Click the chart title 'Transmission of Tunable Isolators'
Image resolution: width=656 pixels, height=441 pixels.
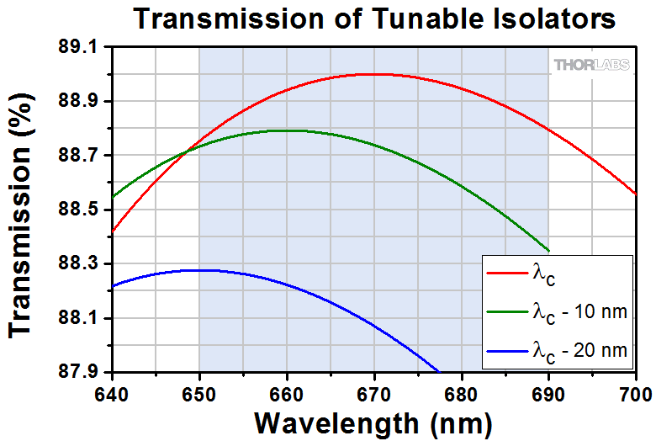tap(373, 18)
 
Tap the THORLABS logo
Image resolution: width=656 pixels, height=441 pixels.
tap(591, 66)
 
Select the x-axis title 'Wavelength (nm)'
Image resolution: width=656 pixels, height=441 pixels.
tap(374, 420)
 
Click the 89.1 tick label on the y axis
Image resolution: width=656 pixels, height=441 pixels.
tap(89, 48)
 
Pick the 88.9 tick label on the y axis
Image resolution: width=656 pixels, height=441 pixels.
tap(89, 102)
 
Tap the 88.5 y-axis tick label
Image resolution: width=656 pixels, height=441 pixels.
tap(89, 210)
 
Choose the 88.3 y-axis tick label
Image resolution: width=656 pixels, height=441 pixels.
tap(89, 264)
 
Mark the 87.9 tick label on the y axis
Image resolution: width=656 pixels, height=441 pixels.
tap(89, 372)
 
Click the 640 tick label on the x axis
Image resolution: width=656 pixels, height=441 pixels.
tap(112, 392)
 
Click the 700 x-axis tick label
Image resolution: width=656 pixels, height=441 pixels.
tap(635, 392)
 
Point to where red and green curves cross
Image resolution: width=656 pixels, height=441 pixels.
tap(187, 151)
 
